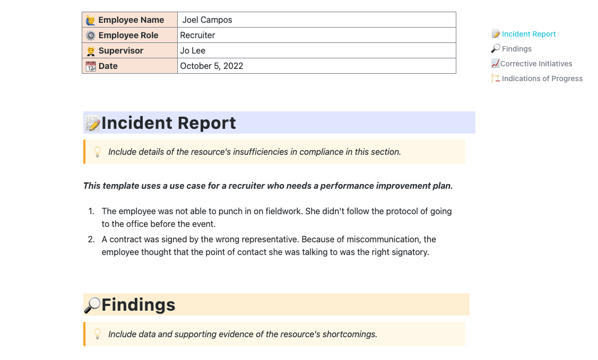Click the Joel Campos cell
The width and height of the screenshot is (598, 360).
(207, 20)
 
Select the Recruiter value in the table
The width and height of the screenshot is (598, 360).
(198, 36)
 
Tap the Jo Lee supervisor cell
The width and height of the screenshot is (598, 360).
(193, 51)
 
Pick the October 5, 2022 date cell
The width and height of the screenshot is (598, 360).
(212, 66)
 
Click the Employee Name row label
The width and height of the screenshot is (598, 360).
(131, 20)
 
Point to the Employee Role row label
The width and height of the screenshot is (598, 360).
(128, 36)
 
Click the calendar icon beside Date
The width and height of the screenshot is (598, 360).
(91, 66)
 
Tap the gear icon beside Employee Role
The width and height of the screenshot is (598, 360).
(91, 36)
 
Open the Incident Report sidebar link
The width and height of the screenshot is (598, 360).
(528, 34)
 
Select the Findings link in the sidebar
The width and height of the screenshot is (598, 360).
(516, 49)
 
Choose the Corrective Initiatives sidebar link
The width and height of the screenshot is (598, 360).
(536, 64)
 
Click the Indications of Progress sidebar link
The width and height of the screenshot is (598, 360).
(542, 78)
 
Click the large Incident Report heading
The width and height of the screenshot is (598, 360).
(169, 123)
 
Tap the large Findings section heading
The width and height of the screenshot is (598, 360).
(138, 305)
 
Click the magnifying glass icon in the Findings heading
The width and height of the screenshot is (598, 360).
(92, 305)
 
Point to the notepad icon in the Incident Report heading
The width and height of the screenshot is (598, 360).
(93, 124)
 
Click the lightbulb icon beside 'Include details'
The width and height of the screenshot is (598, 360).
(98, 152)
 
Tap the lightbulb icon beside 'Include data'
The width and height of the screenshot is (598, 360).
(98, 334)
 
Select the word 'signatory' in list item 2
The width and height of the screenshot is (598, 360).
(409, 252)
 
